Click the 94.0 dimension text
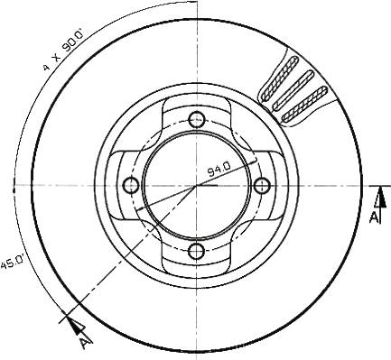point(219,170)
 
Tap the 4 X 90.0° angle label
point(63,50)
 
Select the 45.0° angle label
point(12,263)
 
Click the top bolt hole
point(197,119)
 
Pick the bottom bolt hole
point(197,251)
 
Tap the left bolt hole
point(131,185)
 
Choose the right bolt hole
point(262,185)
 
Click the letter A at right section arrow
point(374,217)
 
